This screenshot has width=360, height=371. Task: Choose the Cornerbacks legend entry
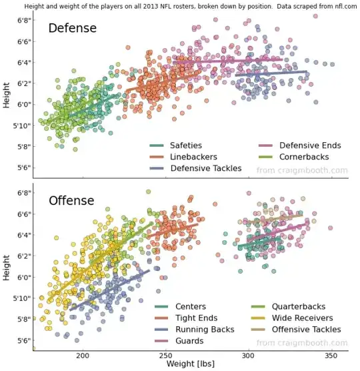point(304,157)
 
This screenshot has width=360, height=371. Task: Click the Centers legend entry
point(190,307)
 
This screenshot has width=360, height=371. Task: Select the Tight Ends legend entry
point(195,318)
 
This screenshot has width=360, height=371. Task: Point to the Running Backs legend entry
point(204,330)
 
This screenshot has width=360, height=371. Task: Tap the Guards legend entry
point(189,341)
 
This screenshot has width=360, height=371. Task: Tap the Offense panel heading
point(72,201)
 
